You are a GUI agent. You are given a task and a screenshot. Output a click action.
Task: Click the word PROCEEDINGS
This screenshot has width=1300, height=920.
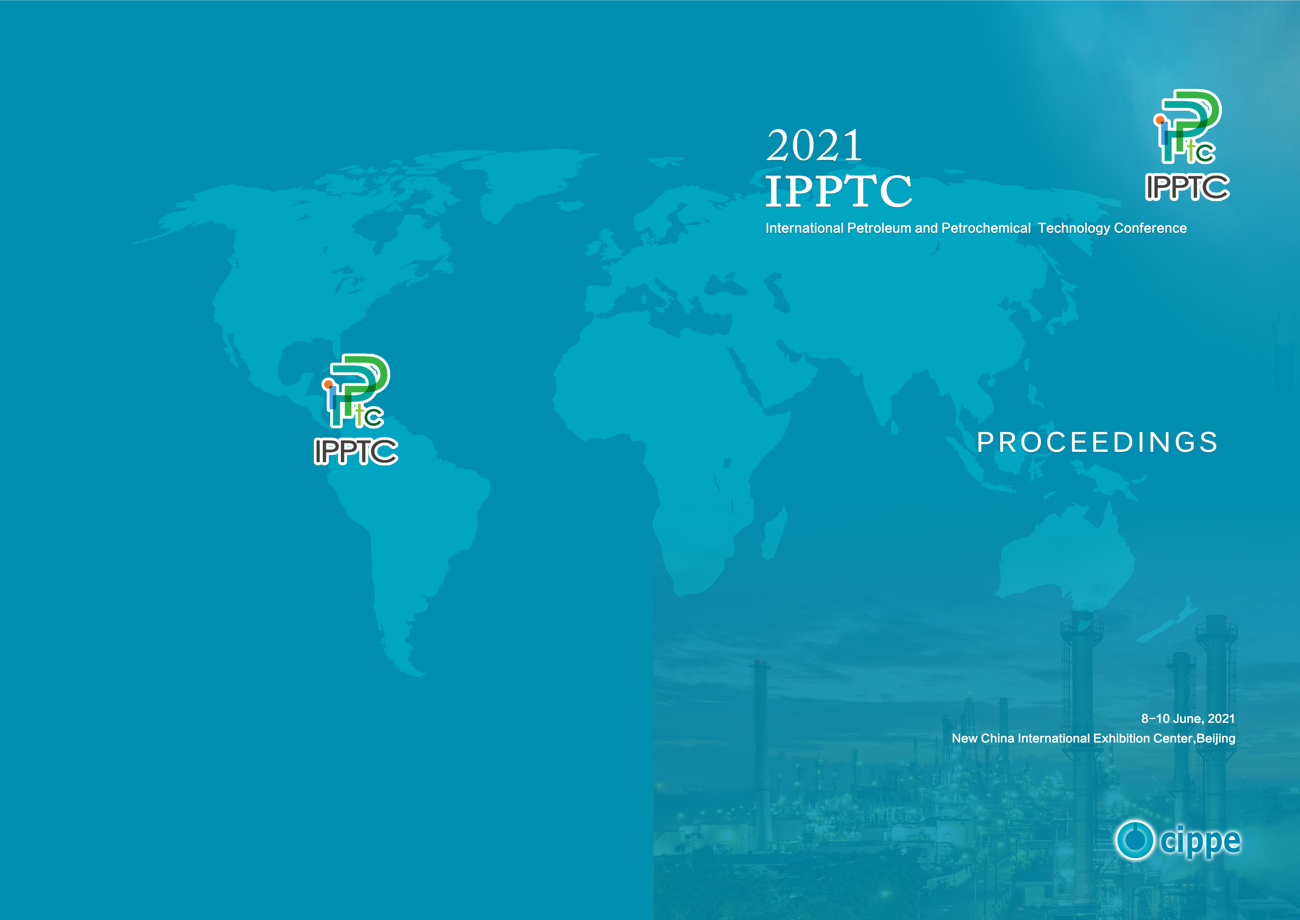[1097, 442]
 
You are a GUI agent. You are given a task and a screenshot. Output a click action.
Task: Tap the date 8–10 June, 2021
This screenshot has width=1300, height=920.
[1188, 718]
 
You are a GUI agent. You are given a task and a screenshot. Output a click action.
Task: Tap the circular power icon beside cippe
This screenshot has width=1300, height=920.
[1135, 840]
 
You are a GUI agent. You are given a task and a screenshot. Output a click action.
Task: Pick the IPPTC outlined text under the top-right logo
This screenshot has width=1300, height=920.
[1187, 187]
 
